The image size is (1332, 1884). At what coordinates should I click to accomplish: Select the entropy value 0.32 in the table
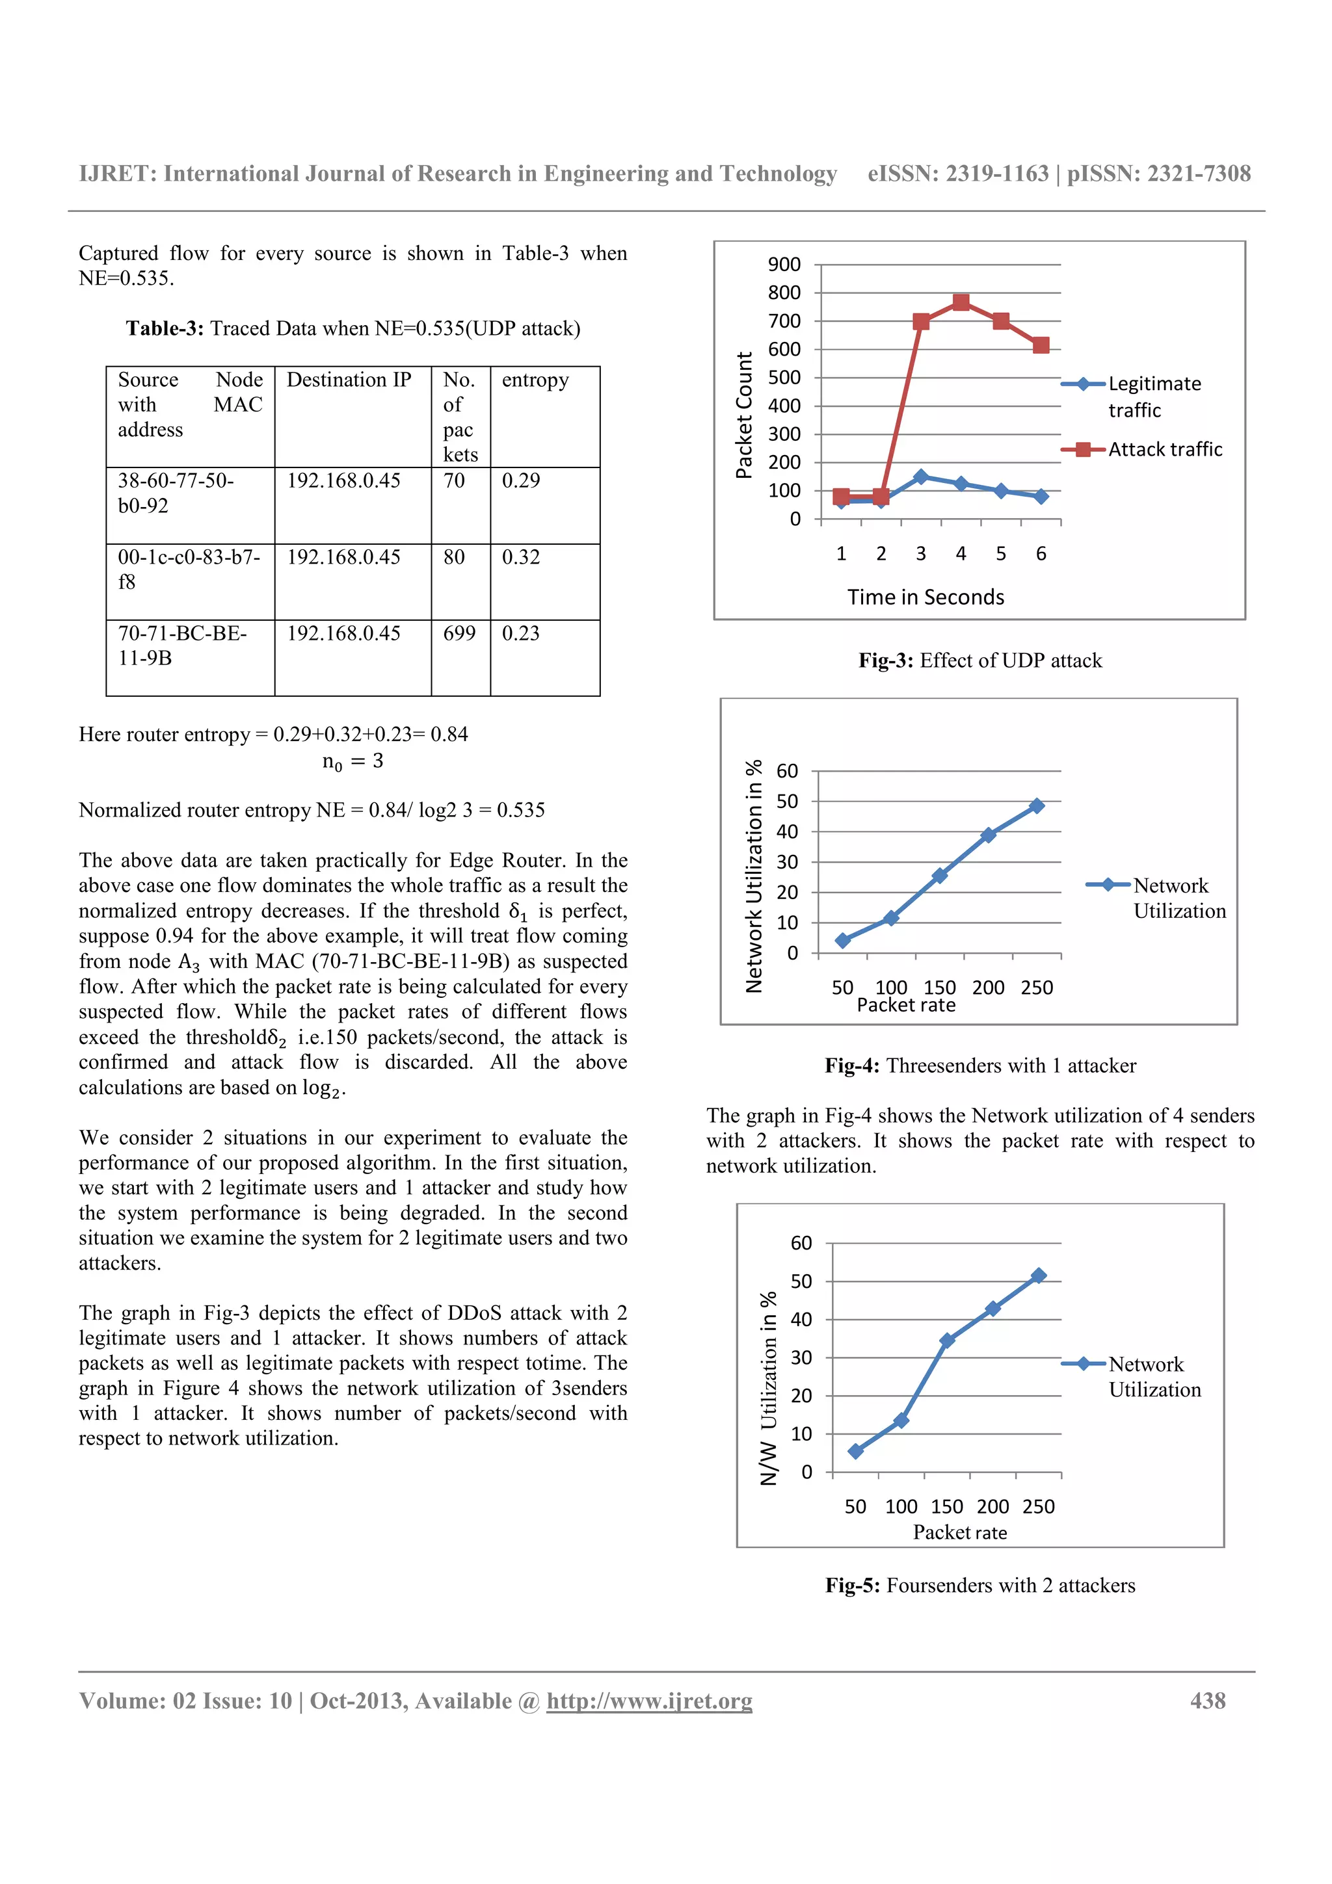click(x=520, y=557)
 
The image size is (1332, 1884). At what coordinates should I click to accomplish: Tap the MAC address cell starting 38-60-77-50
click(x=176, y=492)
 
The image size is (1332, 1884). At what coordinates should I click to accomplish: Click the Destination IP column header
click(x=349, y=380)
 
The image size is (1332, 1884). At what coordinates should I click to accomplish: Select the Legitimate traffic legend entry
click(x=1153, y=397)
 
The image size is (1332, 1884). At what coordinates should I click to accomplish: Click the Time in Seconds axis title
click(x=925, y=597)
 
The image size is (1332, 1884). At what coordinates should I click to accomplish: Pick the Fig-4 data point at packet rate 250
click(x=1037, y=805)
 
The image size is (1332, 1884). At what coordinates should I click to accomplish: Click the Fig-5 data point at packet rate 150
click(x=946, y=1341)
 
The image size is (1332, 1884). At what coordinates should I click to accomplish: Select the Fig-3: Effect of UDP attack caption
click(x=980, y=661)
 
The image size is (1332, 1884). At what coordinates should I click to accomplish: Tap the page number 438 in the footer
click(x=1207, y=1701)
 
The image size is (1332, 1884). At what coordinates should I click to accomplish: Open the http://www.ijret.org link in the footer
click(x=649, y=1701)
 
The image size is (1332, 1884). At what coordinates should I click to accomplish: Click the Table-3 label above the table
click(x=164, y=328)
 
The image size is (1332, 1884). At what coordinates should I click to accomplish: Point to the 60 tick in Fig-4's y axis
click(x=786, y=771)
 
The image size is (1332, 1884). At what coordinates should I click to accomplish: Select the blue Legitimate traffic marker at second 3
click(x=920, y=477)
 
